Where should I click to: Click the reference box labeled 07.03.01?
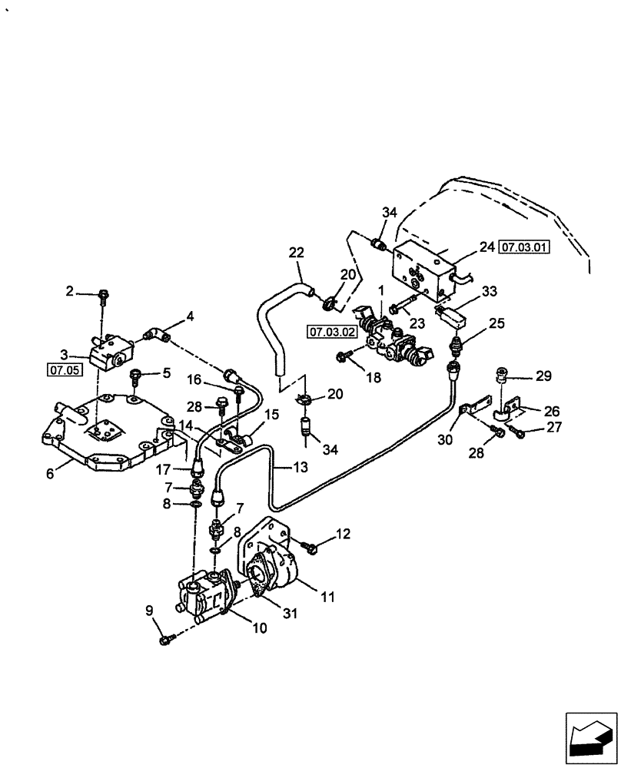click(x=525, y=247)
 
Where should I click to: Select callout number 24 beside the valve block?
click(x=486, y=247)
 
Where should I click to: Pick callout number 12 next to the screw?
click(x=343, y=534)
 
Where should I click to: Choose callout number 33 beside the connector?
click(x=490, y=291)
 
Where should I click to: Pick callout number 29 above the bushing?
click(x=543, y=376)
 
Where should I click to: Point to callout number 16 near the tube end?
click(x=193, y=379)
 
